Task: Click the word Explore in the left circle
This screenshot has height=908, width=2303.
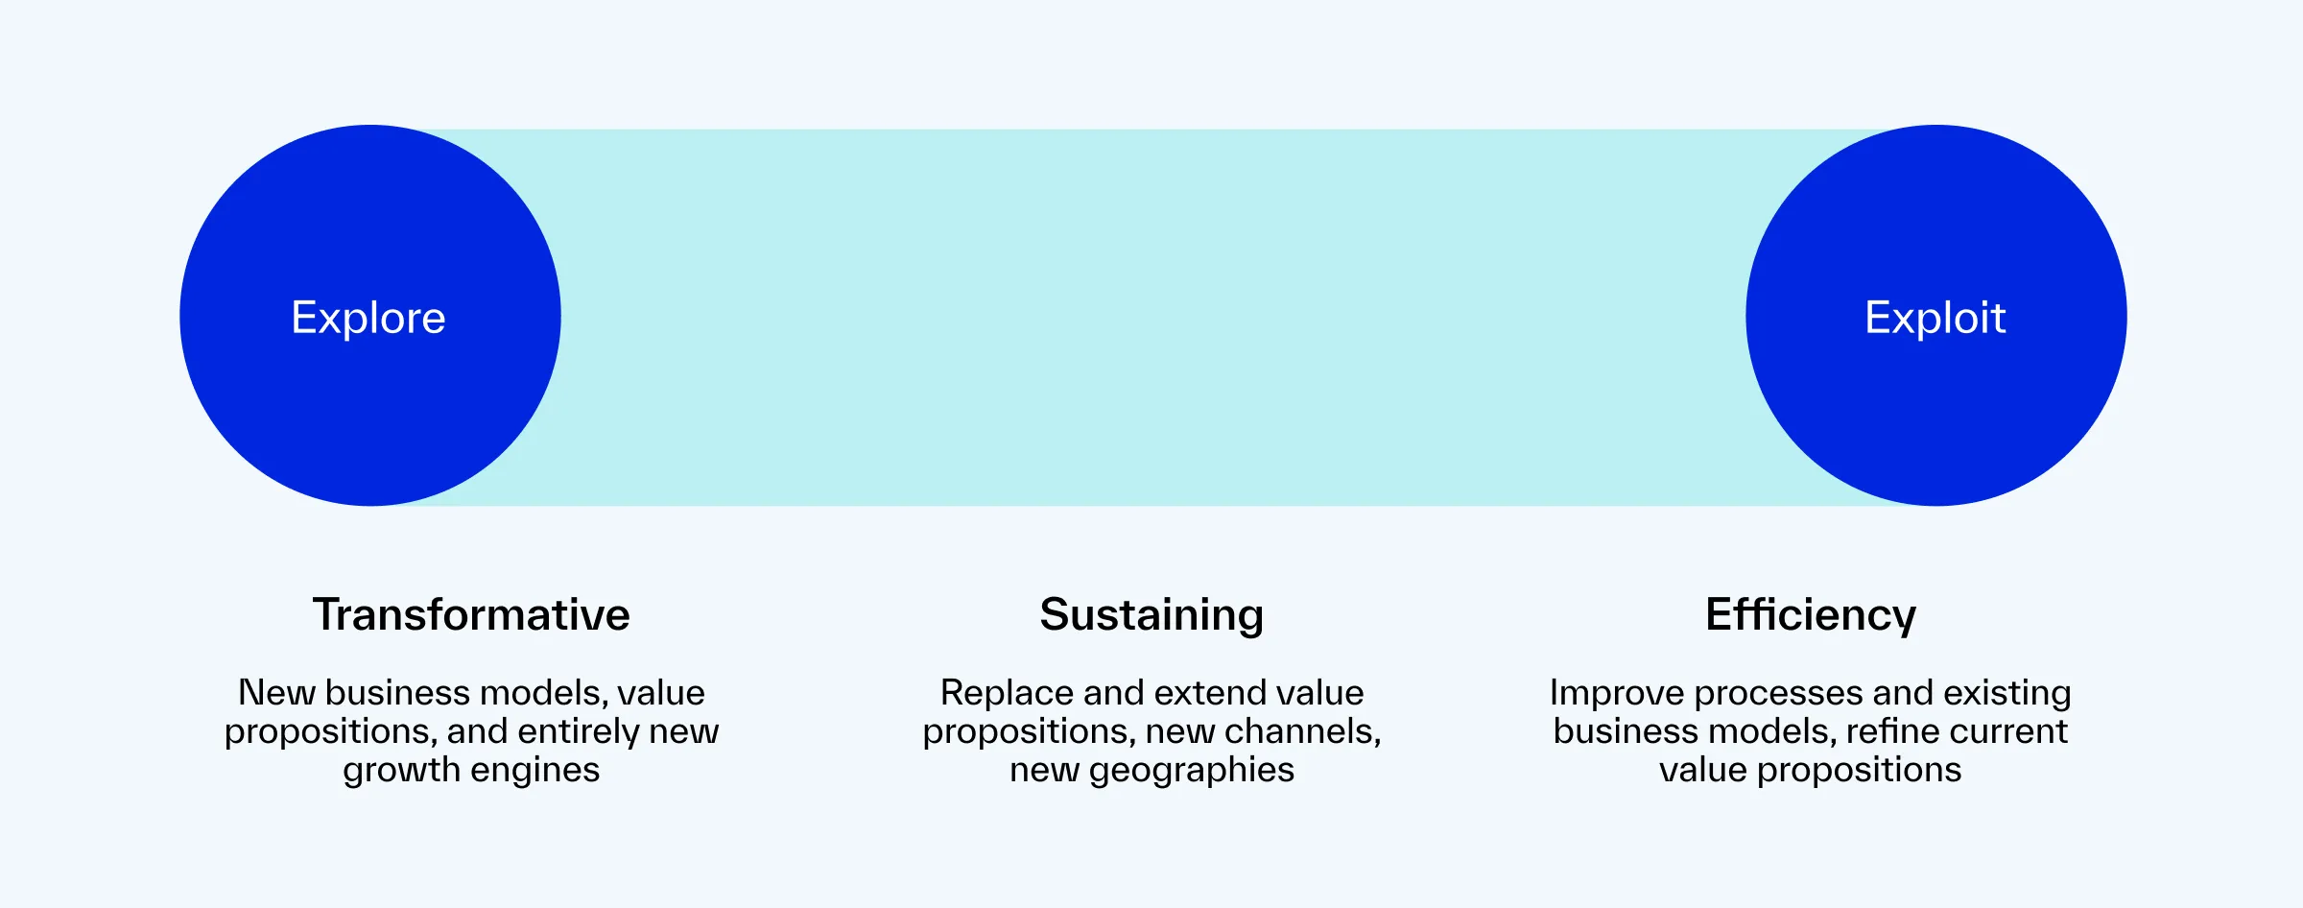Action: tap(368, 318)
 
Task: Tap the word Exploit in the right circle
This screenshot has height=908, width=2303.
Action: tap(1935, 318)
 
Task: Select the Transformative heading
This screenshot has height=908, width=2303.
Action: tap(471, 614)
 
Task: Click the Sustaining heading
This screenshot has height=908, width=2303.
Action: tap(1151, 614)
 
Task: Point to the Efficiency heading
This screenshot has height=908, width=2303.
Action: tap(1811, 614)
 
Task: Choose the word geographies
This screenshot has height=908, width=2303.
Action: tap(1191, 770)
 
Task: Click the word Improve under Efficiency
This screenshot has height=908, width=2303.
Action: tap(1616, 693)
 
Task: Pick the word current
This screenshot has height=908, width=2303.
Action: tap(2011, 731)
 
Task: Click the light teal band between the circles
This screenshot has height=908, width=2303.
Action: tap(1151, 317)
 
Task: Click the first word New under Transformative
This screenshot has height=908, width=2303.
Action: tap(276, 693)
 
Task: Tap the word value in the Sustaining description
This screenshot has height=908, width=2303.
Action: tap(1320, 693)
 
